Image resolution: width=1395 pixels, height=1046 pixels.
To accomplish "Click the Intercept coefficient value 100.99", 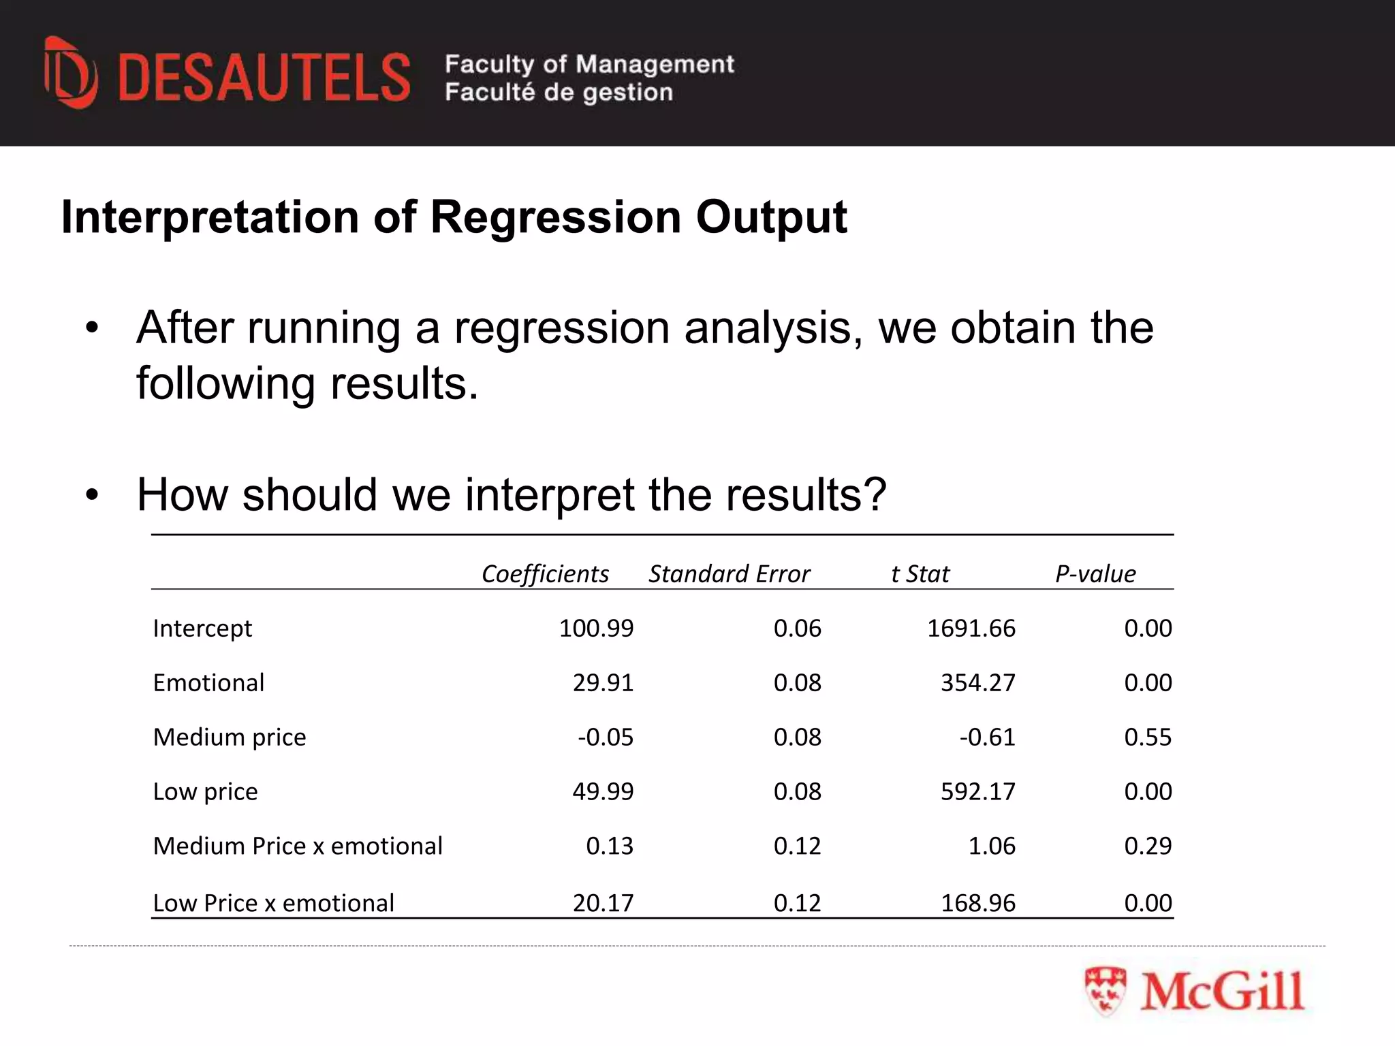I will click(x=596, y=628).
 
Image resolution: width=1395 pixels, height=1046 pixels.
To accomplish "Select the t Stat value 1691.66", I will click(x=971, y=628).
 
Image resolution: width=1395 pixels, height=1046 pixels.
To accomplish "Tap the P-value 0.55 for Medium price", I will click(x=1148, y=737).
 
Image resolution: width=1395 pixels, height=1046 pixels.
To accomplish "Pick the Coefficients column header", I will click(x=545, y=573).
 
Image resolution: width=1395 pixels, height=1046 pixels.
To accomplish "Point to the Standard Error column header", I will click(x=729, y=573).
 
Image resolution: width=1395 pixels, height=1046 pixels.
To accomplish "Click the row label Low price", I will click(x=205, y=791).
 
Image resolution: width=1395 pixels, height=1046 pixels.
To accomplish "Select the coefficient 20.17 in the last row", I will click(x=603, y=903).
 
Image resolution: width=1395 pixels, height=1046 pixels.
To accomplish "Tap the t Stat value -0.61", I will click(x=987, y=737).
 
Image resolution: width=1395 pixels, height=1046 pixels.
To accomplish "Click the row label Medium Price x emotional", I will click(x=298, y=846).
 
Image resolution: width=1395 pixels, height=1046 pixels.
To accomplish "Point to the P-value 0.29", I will click(x=1148, y=846).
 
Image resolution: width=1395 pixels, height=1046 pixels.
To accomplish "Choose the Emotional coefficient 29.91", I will click(x=603, y=682).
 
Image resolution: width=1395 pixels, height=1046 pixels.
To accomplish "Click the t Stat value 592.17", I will click(x=977, y=791).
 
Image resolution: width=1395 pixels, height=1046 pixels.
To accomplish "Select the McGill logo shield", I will click(x=1105, y=991).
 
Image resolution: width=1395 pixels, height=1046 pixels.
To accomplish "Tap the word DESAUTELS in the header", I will click(x=264, y=78).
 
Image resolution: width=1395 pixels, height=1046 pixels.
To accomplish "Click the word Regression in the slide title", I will click(x=555, y=217).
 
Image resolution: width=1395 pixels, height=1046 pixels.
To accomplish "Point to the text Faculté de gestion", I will click(x=559, y=92).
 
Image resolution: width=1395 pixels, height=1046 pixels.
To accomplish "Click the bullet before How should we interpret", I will click(x=92, y=495).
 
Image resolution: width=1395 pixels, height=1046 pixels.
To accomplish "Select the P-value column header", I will click(x=1095, y=573).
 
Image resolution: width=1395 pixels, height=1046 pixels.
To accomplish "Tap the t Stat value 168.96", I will click(x=977, y=903).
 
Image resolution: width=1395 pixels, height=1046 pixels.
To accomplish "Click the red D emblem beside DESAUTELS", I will click(x=71, y=74).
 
